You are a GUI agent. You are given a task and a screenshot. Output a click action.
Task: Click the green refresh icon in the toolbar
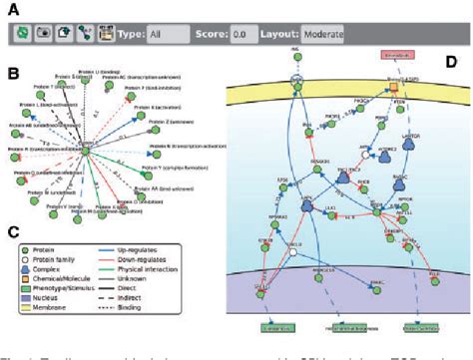pyautogui.click(x=22, y=32)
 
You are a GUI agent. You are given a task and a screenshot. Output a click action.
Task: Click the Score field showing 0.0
pyautogui.click(x=241, y=32)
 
